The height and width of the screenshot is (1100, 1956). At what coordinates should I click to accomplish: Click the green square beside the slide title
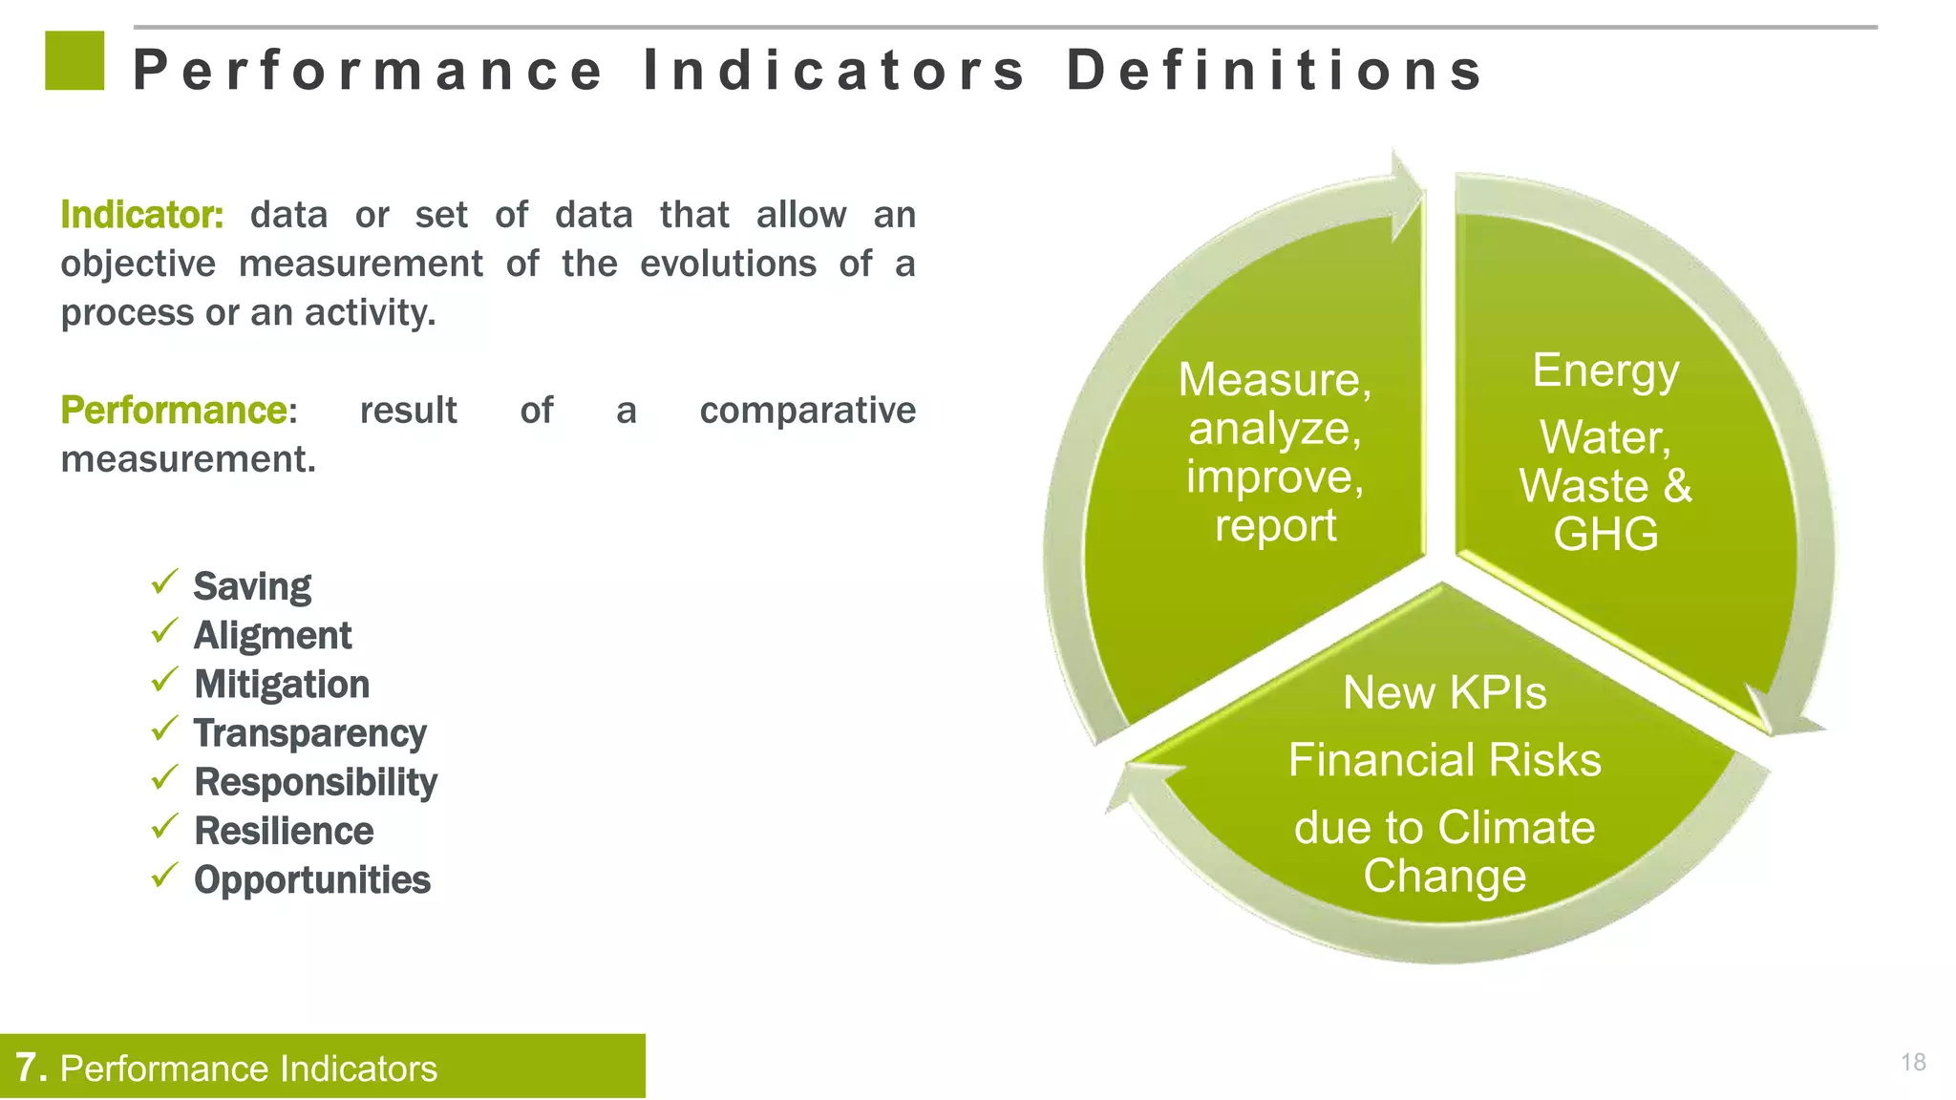(74, 60)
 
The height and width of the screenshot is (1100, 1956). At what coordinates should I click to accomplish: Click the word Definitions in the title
(1274, 71)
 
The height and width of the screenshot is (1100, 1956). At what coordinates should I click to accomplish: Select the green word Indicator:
(142, 215)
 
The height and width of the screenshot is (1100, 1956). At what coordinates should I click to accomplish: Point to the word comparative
(807, 411)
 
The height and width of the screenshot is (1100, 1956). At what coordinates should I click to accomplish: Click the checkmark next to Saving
(165, 582)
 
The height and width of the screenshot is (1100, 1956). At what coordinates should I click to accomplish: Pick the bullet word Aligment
(272, 636)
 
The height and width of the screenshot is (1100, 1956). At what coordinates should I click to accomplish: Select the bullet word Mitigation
(282, 685)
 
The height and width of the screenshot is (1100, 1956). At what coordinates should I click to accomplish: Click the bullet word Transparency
(310, 733)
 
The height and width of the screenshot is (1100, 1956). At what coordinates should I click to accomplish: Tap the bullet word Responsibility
(315, 782)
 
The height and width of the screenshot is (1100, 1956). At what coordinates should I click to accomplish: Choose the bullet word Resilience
(284, 831)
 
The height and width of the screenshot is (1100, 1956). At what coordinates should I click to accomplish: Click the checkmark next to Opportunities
(165, 875)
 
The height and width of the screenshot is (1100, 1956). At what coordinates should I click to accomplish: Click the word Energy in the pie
(1605, 370)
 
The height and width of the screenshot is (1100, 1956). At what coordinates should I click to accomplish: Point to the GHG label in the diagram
(1605, 534)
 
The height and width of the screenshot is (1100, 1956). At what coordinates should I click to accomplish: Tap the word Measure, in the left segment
(1274, 380)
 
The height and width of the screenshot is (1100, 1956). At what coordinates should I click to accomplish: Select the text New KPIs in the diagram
(1444, 692)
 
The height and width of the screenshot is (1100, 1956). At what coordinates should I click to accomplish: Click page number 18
(1913, 1062)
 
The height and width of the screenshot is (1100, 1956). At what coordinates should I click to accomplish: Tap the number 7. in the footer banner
(32, 1068)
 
